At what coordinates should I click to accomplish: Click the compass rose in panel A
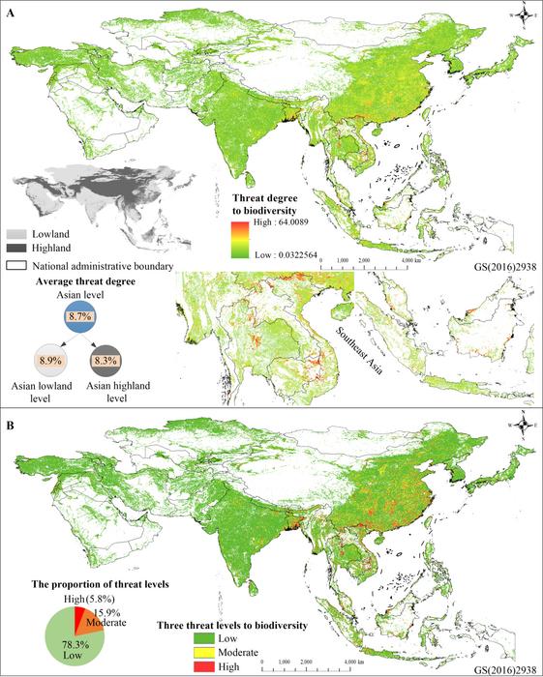pyautogui.click(x=523, y=15)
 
